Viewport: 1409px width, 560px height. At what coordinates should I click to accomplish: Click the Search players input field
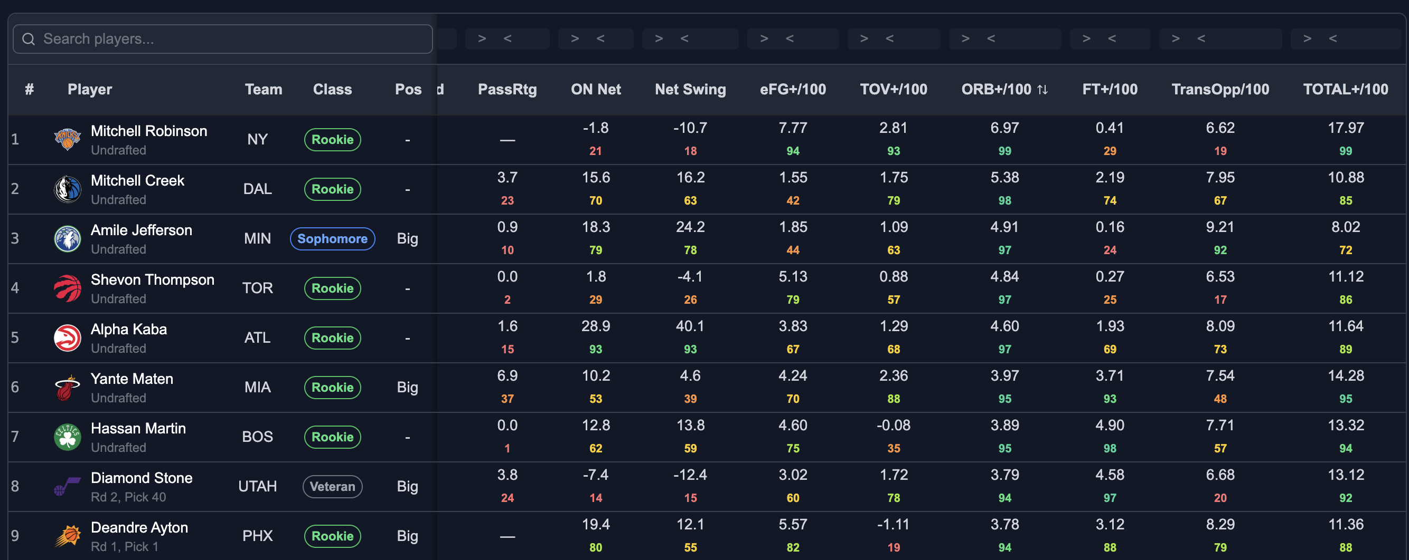pos(223,39)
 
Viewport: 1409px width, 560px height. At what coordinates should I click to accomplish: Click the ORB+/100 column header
pos(996,89)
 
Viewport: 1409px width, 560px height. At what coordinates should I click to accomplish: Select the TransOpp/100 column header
pos(1220,89)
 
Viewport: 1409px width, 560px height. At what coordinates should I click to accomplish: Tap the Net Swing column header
pos(690,89)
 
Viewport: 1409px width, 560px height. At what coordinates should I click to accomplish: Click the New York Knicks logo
pos(67,139)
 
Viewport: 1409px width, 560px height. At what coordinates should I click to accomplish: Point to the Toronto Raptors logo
pos(67,288)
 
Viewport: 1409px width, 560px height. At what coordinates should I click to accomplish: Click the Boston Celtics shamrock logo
pos(67,437)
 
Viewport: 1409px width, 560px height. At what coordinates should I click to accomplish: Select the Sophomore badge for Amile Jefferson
pos(333,239)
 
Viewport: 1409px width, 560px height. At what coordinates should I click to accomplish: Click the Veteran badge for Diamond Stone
pos(333,486)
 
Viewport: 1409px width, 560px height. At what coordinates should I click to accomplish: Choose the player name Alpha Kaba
pos(128,329)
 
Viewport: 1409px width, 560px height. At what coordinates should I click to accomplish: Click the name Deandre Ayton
pos(139,527)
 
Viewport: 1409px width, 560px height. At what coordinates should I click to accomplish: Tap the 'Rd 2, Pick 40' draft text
pos(128,497)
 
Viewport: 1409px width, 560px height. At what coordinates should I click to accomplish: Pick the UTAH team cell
pos(258,486)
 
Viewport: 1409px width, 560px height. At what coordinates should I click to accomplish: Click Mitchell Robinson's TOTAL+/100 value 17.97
pos(1346,128)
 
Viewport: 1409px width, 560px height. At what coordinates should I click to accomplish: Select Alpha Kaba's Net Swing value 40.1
pos(690,326)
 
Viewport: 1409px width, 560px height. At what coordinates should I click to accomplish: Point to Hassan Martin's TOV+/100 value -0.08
pos(893,425)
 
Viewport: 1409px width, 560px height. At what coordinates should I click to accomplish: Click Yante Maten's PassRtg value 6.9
pos(507,376)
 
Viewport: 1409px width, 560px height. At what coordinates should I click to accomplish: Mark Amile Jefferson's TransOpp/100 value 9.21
pos(1220,227)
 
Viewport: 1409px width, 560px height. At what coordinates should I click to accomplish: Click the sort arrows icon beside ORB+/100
pos(1042,90)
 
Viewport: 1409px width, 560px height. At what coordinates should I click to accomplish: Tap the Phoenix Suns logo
pos(67,536)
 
